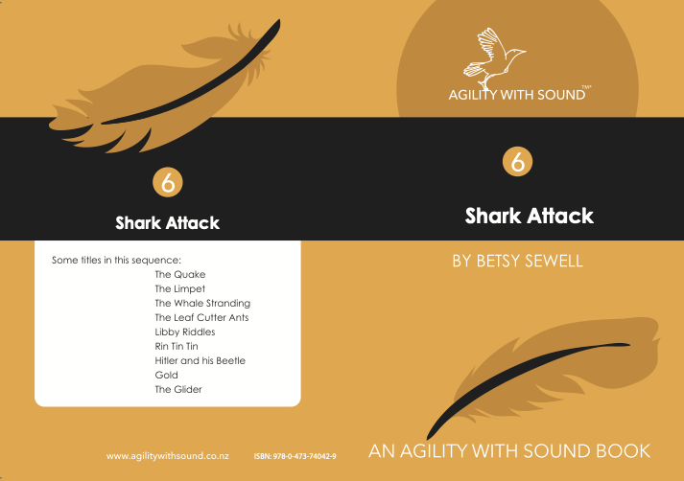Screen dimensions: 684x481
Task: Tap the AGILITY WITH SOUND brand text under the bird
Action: [517, 95]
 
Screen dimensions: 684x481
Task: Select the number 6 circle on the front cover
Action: [517, 162]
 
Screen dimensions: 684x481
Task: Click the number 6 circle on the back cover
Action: [168, 182]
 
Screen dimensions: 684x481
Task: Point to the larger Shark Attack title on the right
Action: [530, 216]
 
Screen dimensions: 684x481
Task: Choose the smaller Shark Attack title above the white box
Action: [168, 223]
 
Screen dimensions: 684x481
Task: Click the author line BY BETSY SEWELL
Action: [517, 261]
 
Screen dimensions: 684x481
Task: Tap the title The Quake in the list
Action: [179, 274]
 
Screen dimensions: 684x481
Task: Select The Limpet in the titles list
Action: [179, 288]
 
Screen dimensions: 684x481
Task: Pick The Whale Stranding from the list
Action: [202, 303]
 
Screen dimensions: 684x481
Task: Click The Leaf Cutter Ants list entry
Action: [201, 317]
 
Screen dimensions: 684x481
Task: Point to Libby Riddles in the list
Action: [185, 332]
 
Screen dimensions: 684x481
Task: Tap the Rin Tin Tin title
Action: [177, 346]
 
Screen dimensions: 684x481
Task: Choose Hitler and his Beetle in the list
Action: [200, 360]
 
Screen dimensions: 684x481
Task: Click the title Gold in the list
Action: [166, 376]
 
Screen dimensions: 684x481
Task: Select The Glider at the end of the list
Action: [178, 390]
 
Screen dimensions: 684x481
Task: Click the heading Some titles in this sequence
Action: [116, 260]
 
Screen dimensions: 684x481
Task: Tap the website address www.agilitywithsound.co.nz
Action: [168, 456]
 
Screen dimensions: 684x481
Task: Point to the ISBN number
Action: [295, 457]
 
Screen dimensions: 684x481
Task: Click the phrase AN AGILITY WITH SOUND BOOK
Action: [509, 451]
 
